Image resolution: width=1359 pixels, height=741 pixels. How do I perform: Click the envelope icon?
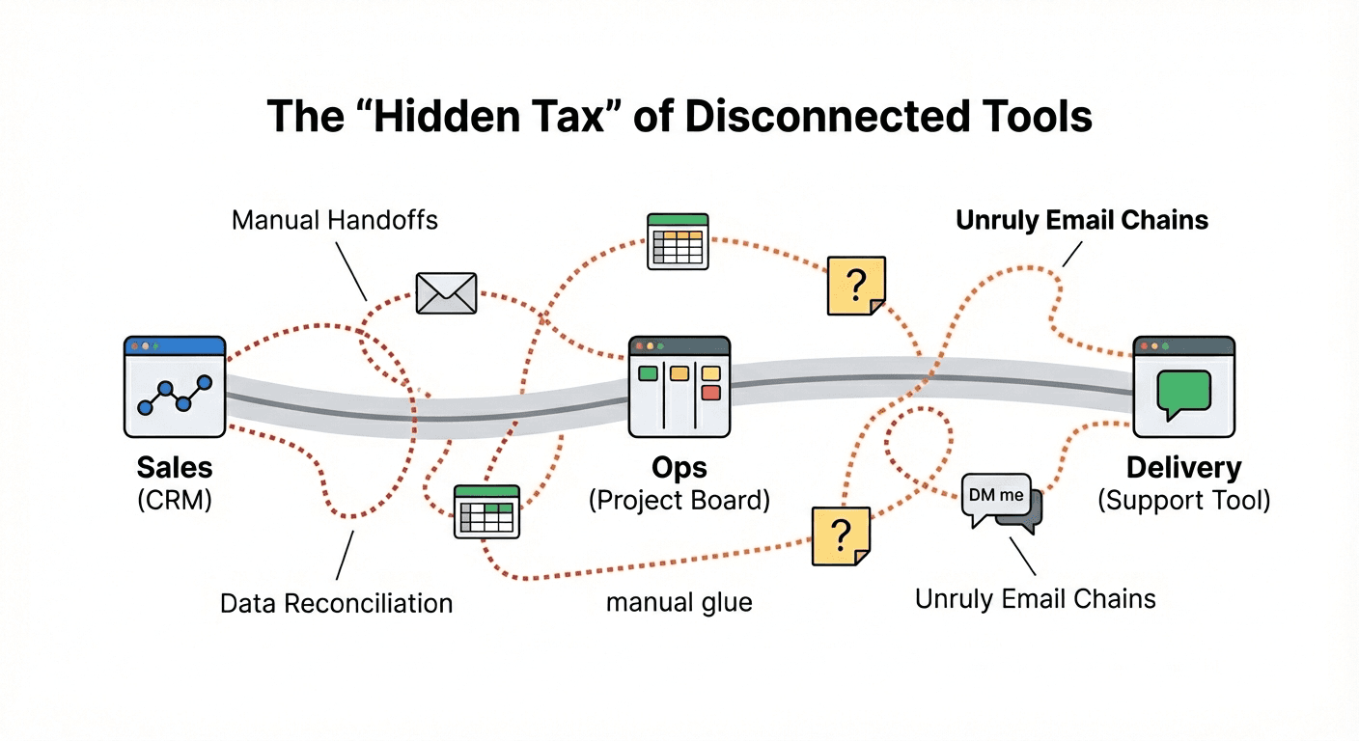[x=446, y=292]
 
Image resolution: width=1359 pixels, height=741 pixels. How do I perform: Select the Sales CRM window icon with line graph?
[x=175, y=387]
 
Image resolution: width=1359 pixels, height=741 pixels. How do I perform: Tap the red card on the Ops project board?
[x=711, y=393]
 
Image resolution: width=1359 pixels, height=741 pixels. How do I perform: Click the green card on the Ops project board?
[x=648, y=372]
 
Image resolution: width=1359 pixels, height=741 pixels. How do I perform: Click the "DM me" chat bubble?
[x=996, y=495]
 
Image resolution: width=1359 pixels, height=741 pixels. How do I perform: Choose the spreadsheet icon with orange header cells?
[x=677, y=240]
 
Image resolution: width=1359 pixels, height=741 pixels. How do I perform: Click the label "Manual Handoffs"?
[x=335, y=220]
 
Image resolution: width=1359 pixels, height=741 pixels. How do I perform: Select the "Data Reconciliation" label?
[x=336, y=604]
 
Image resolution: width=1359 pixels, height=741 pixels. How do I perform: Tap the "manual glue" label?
[x=679, y=603]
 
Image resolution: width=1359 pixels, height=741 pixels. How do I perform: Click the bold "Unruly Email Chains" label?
[x=1081, y=220]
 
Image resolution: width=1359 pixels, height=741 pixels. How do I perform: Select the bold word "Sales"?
[x=175, y=468]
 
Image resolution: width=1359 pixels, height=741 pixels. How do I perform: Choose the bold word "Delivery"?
[x=1183, y=468]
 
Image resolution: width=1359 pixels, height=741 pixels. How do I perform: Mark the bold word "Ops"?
[x=679, y=468]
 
